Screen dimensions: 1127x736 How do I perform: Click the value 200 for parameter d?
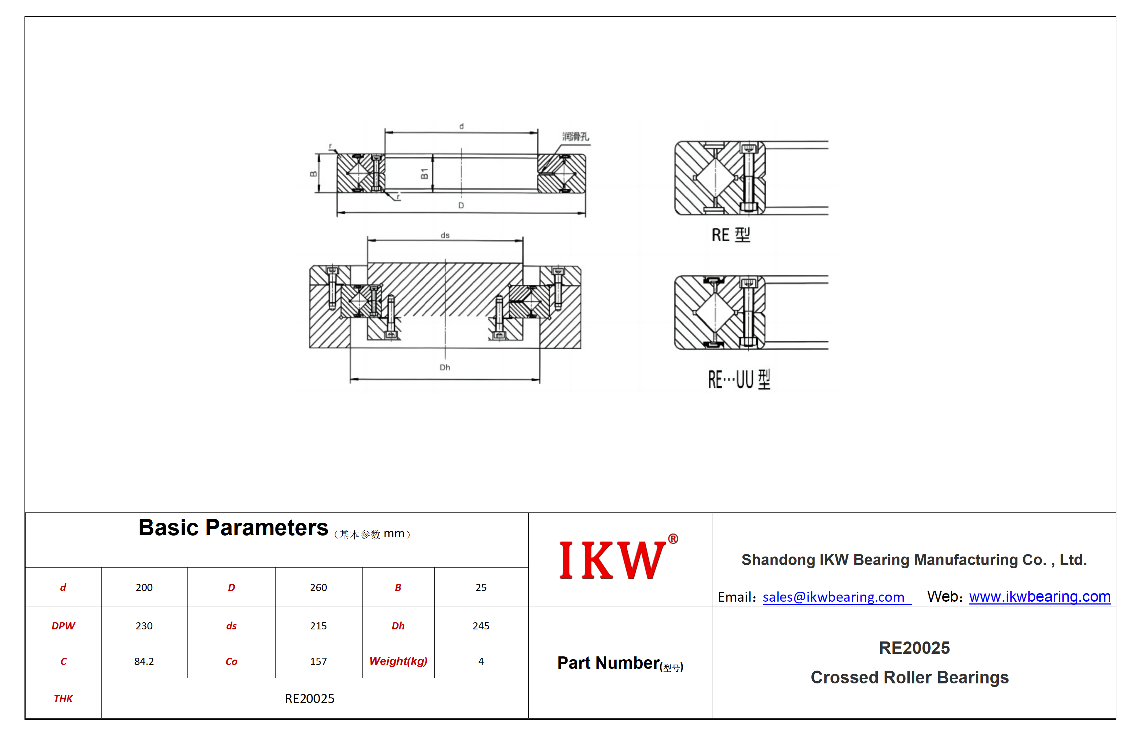pos(144,587)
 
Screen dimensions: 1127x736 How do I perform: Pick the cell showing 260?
pos(318,587)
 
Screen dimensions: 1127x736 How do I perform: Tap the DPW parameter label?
pos(63,625)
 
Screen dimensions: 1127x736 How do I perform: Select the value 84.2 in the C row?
pos(144,661)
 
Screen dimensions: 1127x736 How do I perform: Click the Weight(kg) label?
pos(398,661)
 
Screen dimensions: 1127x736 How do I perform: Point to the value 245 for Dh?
pos(481,625)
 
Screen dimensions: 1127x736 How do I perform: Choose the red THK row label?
pos(63,698)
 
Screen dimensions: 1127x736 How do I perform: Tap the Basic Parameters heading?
pos(233,527)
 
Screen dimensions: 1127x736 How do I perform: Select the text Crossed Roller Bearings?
pos(910,677)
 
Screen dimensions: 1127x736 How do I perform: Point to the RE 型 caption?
pos(731,235)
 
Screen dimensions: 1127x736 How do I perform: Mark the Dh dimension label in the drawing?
pos(445,367)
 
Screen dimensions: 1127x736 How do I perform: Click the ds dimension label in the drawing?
pos(445,235)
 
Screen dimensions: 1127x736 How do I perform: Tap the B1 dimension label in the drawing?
pos(424,174)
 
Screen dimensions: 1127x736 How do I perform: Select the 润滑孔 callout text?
pos(575,136)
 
